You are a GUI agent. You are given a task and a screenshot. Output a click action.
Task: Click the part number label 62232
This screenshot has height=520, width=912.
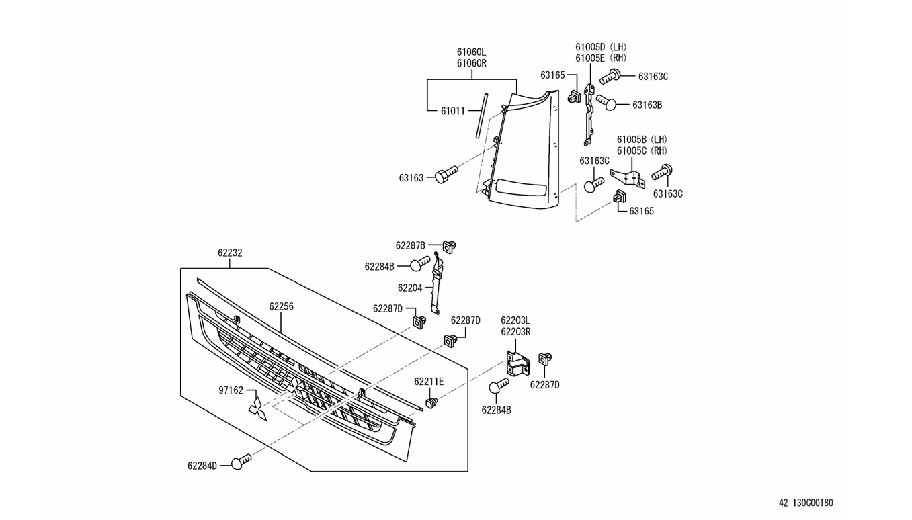pyautogui.click(x=230, y=253)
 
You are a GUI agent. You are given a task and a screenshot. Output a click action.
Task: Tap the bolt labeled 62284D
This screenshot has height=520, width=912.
pyautogui.click(x=241, y=462)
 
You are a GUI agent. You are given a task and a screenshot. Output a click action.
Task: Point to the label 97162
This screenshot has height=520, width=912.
pyautogui.click(x=231, y=390)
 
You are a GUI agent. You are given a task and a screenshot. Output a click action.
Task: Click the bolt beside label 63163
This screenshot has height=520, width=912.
pyautogui.click(x=446, y=174)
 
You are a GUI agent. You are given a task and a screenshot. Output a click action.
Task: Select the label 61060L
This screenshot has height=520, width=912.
pyautogui.click(x=471, y=52)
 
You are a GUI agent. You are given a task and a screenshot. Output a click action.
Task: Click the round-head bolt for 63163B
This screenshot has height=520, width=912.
pyautogui.click(x=606, y=103)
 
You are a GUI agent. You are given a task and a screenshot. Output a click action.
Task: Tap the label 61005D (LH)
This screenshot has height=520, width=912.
pyautogui.click(x=601, y=47)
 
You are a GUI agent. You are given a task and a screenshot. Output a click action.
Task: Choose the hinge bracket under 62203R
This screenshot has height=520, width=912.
pyautogui.click(x=517, y=364)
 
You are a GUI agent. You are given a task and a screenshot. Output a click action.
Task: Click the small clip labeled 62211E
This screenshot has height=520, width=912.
pyautogui.click(x=433, y=402)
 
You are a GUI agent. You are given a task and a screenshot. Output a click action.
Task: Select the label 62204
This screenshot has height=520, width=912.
pyautogui.click(x=410, y=288)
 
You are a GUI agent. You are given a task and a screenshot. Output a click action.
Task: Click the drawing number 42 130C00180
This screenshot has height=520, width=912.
pyautogui.click(x=806, y=503)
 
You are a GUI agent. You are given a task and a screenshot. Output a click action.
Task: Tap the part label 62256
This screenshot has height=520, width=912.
pyautogui.click(x=281, y=306)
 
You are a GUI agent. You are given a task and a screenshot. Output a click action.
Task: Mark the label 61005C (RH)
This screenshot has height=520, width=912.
pyautogui.click(x=642, y=150)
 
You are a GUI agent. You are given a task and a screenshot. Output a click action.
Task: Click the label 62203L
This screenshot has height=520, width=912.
pyautogui.click(x=515, y=320)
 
